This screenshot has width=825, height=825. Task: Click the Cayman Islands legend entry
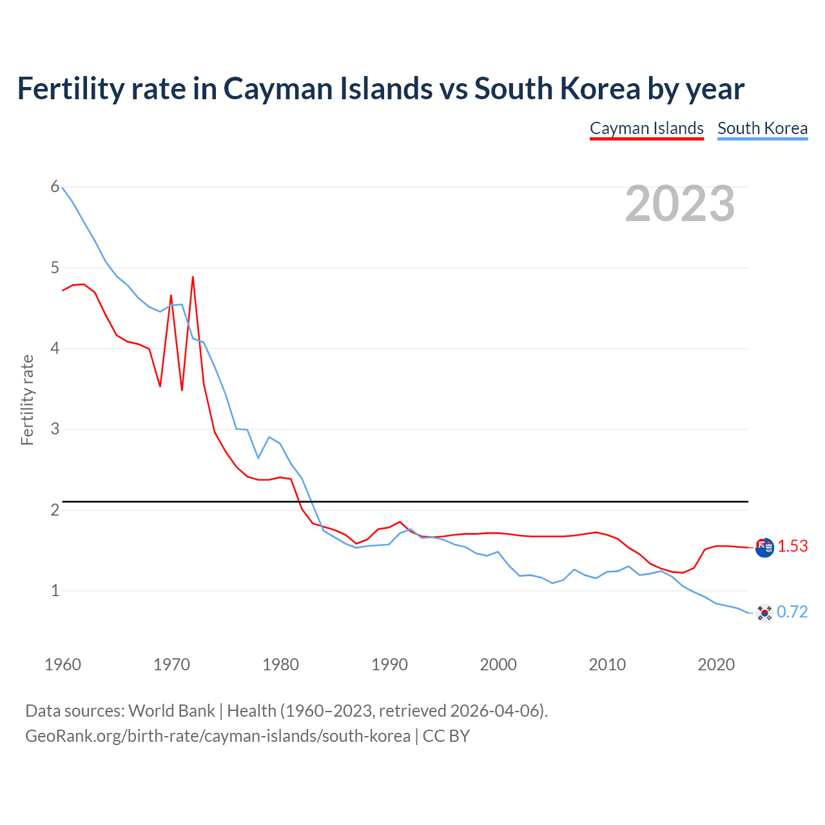646,128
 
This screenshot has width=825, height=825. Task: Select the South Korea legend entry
762,128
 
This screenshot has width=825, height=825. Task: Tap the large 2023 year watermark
679,204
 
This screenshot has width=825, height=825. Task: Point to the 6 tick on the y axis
55,187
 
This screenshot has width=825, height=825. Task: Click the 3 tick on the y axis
55,429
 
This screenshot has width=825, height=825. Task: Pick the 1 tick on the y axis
55,590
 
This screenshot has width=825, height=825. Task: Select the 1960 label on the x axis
63,665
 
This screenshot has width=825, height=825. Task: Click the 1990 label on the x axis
389,665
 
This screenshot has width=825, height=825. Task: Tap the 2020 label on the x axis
716,665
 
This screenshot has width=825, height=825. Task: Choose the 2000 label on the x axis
498,665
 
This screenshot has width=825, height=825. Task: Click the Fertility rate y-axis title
27,400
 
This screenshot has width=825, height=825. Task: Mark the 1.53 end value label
792,547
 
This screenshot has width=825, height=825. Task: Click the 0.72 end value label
792,612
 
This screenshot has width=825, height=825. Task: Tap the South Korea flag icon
764,613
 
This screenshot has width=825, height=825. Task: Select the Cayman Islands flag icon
764,548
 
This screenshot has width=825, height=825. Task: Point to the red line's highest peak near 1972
193,277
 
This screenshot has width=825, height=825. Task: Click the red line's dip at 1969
160,386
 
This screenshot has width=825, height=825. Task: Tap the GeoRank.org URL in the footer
217,736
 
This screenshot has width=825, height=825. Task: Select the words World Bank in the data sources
171,711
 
